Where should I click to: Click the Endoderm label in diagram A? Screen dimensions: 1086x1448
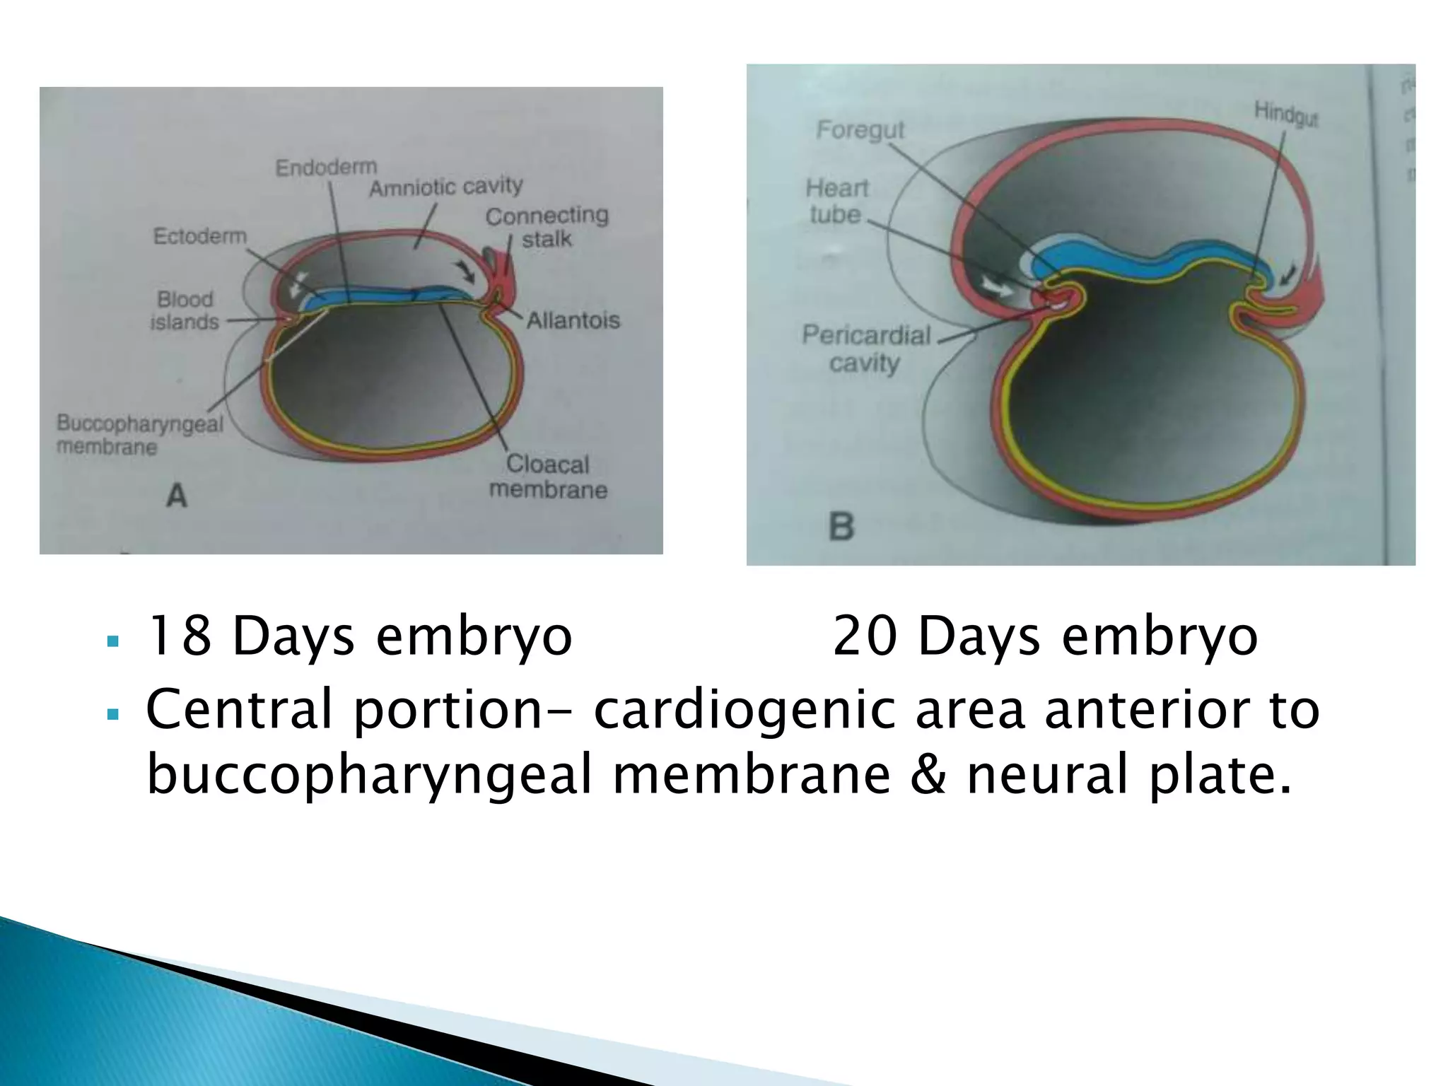(x=326, y=168)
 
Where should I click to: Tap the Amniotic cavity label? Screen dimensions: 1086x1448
(x=446, y=187)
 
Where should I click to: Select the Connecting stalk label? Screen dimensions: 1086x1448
(x=547, y=227)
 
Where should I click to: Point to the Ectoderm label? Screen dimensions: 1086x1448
(x=200, y=235)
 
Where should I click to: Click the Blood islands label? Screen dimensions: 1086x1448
(x=185, y=310)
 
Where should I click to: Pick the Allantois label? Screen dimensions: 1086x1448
(x=573, y=320)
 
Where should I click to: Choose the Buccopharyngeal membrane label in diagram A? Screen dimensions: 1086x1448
(x=139, y=434)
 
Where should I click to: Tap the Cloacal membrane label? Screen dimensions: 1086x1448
(x=548, y=477)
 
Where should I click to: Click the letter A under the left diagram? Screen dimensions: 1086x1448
(x=177, y=496)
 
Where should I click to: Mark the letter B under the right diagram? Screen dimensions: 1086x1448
(x=841, y=527)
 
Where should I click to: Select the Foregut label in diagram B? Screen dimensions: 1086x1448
(x=860, y=130)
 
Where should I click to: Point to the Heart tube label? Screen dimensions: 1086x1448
(x=836, y=201)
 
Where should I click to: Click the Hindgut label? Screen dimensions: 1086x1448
(x=1286, y=114)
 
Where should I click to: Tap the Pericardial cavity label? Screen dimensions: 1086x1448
(x=866, y=349)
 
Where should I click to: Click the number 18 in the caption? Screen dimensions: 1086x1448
(x=177, y=636)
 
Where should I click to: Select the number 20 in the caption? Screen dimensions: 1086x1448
(x=864, y=636)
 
